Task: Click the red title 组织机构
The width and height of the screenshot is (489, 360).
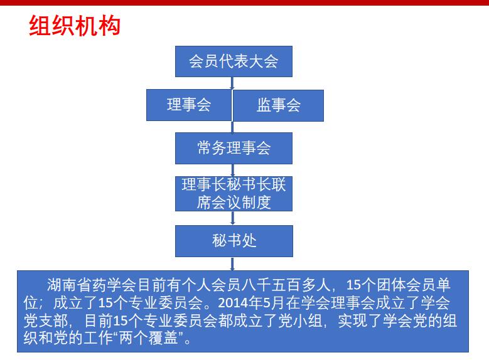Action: coord(75,26)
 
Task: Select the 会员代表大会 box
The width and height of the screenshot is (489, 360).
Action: coord(234,61)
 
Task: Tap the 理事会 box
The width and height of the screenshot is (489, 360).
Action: coord(189,105)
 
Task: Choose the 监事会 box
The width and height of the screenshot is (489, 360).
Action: coord(279,105)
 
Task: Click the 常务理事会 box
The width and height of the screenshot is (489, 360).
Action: coord(234,148)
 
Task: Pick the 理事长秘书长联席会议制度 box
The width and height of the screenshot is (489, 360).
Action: coord(234,194)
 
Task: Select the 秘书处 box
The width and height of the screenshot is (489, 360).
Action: coord(234,241)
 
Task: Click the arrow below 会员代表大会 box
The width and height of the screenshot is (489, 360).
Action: coord(232,83)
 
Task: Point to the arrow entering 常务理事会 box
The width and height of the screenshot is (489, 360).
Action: coord(232,127)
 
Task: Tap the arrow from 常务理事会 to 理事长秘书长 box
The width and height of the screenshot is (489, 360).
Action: coord(232,170)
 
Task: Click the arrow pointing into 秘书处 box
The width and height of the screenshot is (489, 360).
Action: coord(232,218)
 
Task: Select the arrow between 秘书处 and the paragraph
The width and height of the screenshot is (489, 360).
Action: coord(232,264)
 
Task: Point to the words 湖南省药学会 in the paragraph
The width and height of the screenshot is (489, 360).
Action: coord(92,285)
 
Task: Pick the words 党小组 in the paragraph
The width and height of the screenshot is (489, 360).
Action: coord(300,320)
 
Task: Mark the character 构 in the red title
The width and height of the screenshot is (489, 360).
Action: coord(109,26)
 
